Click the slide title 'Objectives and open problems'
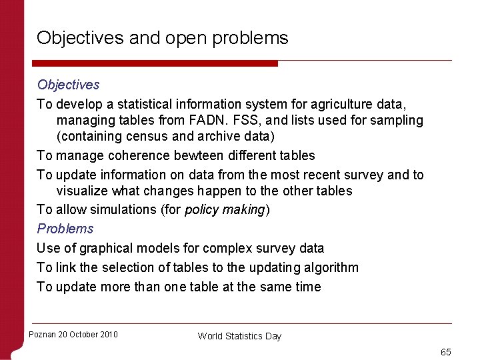163,38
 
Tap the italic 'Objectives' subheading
68,85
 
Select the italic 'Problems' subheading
65,229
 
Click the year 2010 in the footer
107,335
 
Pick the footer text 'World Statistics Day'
239,336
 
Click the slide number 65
446,351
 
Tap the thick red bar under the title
157,63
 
